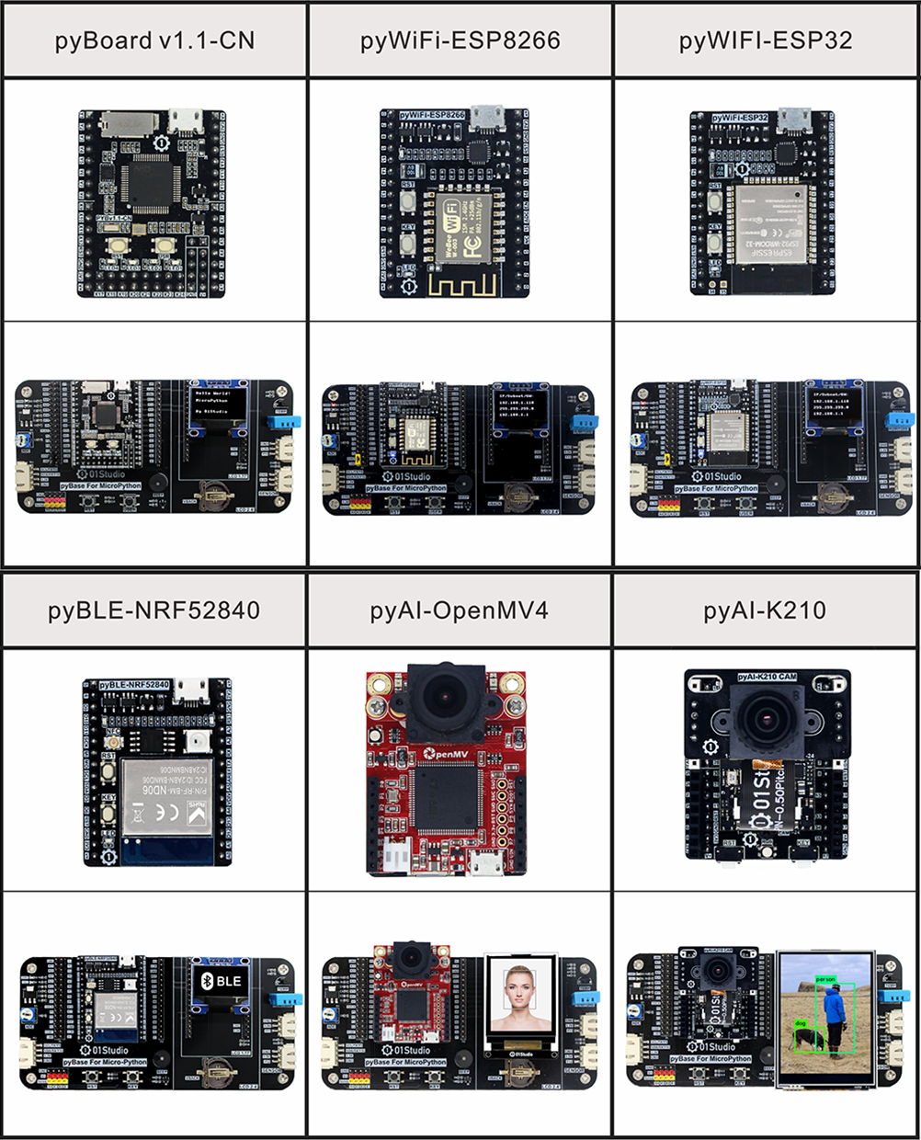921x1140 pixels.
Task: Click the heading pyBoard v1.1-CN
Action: (x=154, y=41)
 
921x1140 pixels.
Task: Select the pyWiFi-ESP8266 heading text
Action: (x=460, y=41)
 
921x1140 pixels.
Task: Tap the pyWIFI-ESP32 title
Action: (x=766, y=41)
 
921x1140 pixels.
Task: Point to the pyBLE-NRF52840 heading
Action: (x=153, y=610)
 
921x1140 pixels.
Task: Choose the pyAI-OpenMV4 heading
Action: (x=459, y=610)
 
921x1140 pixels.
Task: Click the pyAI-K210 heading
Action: (x=765, y=610)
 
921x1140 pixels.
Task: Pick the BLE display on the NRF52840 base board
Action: (x=221, y=981)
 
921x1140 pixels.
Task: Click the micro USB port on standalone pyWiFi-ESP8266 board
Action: (x=483, y=117)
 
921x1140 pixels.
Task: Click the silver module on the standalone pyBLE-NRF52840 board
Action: (x=166, y=795)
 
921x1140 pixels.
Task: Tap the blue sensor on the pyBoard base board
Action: (x=284, y=422)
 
